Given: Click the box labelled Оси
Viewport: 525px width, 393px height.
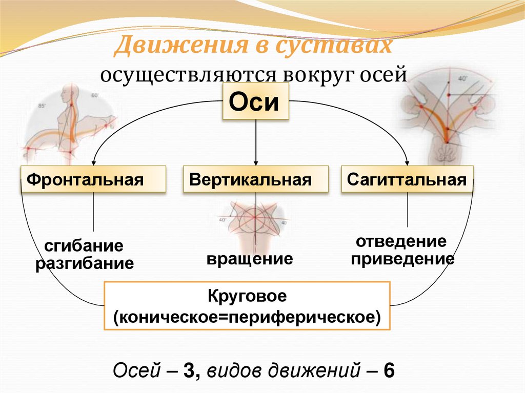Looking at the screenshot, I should coord(255,101).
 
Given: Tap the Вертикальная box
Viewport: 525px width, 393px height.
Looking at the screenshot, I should coord(255,180).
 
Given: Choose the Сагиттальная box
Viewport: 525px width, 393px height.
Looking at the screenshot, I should coord(407,180).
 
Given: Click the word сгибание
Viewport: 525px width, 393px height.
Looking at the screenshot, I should coord(85,246).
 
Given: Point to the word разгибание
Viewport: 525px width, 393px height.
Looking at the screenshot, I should coord(85,264).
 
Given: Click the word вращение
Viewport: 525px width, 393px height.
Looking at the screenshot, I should coord(250,258).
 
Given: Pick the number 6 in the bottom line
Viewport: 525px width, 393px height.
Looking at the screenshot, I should coord(389,370).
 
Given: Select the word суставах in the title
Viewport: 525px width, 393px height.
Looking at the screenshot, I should coord(334,47).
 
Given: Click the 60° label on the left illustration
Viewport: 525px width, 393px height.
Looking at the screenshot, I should coord(95,96).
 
